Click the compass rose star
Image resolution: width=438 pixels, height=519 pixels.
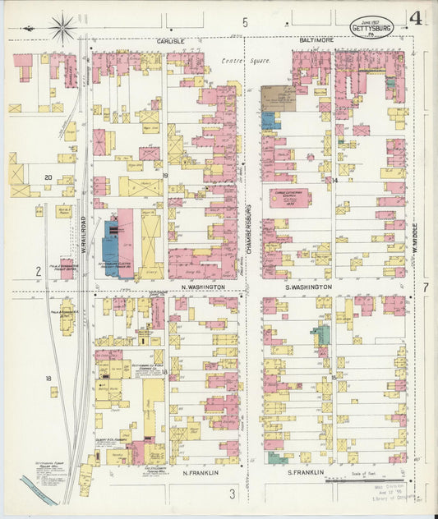point(62,29)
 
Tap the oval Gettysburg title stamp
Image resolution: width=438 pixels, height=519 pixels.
point(371,27)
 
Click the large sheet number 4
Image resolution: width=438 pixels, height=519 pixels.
point(417,18)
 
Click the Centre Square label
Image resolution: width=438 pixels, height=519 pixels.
point(239,61)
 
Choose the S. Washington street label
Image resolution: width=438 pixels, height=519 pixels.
point(308,287)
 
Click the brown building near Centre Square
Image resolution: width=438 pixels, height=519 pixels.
point(279,98)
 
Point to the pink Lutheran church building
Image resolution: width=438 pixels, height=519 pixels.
point(292,199)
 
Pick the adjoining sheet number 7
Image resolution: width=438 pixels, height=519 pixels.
point(426,287)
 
